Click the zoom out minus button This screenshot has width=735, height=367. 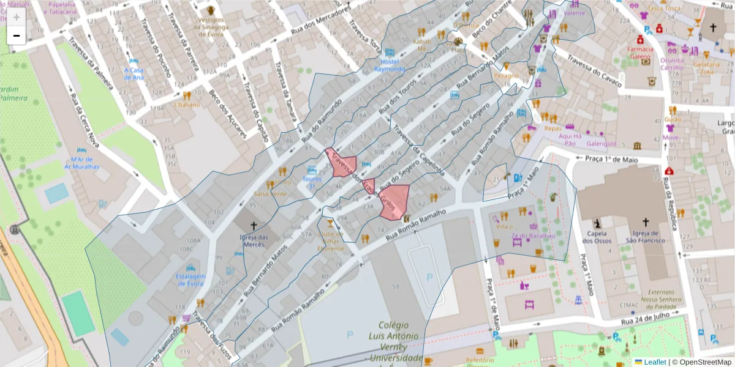coord(17,35)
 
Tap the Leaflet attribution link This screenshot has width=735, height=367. coord(655,361)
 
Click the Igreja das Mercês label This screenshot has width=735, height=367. coord(254,240)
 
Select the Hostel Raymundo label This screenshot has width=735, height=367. coord(390,65)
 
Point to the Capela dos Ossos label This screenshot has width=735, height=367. coord(597,237)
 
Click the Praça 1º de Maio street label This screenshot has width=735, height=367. coord(609,159)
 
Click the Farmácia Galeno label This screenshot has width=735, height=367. coord(641,53)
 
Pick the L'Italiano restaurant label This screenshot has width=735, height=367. coord(187,105)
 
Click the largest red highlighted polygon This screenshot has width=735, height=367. coord(394,201)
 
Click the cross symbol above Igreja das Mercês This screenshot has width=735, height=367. coord(254,226)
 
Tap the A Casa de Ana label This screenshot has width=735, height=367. coord(134,73)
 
